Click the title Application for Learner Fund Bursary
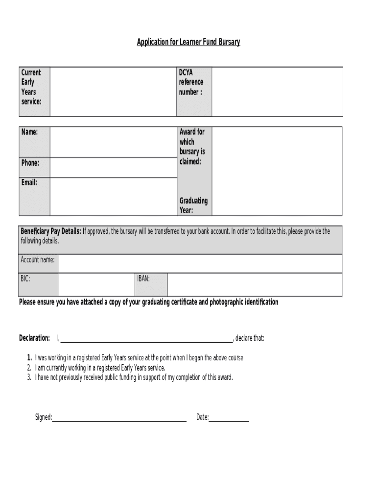point(188,42)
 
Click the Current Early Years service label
point(31,87)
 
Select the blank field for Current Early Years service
point(113,92)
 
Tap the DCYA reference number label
point(191,82)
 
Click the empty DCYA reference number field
point(277,92)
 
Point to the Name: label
point(29,132)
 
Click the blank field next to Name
point(113,142)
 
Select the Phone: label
point(30,163)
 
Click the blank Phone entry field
point(113,167)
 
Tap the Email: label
point(29,182)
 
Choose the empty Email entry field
point(113,196)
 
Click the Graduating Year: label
point(193,205)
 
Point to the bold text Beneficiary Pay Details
point(50,231)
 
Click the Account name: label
point(38,259)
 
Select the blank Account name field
point(200,263)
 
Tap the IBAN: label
point(143,278)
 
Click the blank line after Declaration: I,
point(146,338)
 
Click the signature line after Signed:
point(119,417)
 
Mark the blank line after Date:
point(229,417)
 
